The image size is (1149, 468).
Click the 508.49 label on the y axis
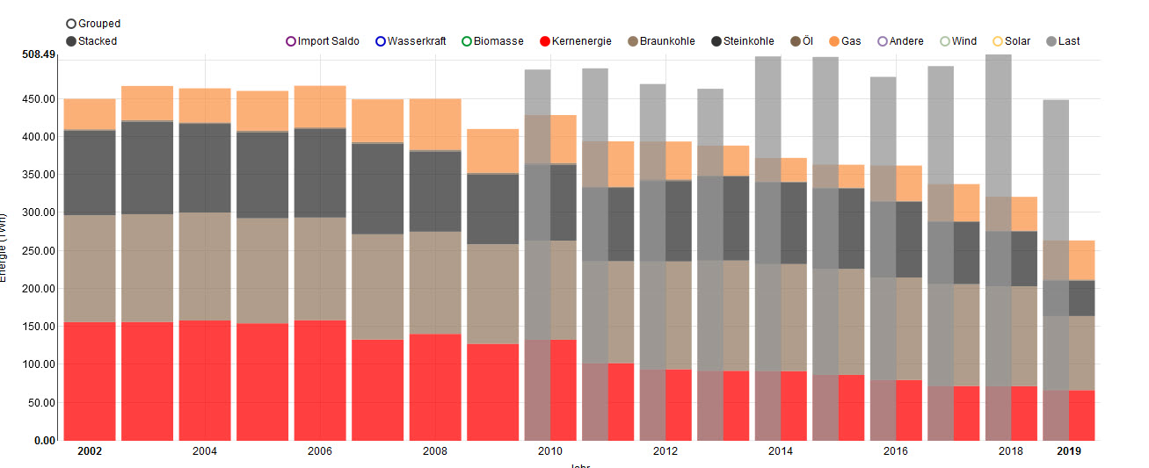pyautogui.click(x=39, y=54)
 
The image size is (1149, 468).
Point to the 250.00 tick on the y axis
pyautogui.click(x=39, y=250)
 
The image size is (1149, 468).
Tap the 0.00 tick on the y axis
pyautogui.click(x=44, y=440)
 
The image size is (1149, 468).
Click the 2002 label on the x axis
pyautogui.click(x=90, y=451)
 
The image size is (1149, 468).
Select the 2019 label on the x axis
pyautogui.click(x=1069, y=451)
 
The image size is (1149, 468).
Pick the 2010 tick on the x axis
pyautogui.click(x=550, y=451)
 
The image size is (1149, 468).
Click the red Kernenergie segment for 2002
pyautogui.click(x=90, y=381)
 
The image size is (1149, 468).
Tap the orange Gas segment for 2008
pyautogui.click(x=435, y=124)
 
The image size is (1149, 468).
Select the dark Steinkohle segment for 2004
pyautogui.click(x=205, y=168)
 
